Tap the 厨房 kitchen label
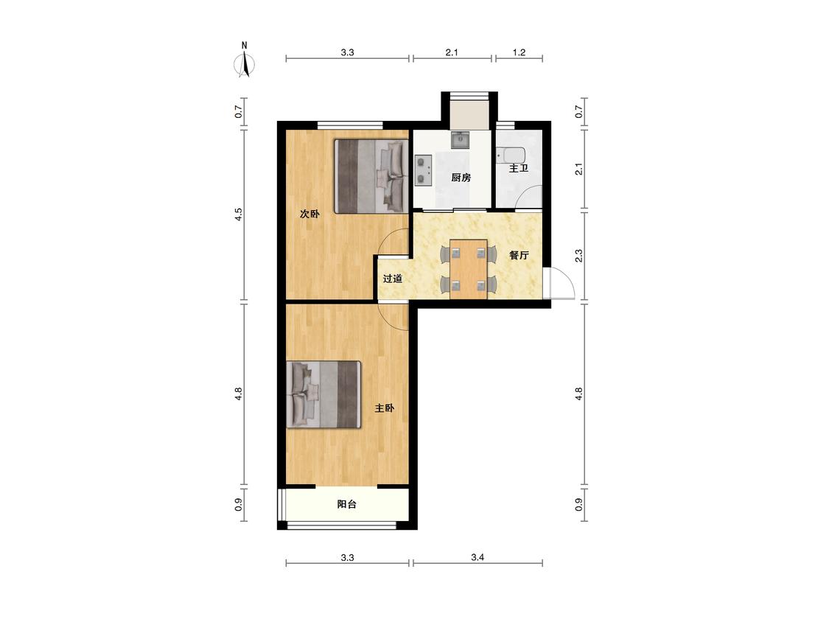pos(461,177)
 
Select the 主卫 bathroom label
pos(519,168)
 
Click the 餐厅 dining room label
pos(520,255)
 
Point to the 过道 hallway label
pos(392,279)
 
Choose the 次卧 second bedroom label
pos(309,214)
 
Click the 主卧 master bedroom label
pos(385,408)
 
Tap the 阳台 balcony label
pos(347,504)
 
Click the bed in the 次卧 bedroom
pos(371,176)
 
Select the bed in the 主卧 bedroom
pos(323,394)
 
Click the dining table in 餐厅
pos(469,269)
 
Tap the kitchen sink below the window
pos(460,139)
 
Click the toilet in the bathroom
pos(511,155)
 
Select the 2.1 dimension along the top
pos(452,52)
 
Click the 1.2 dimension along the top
pos(520,52)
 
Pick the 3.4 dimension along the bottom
pos(478,557)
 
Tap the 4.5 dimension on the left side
pos(239,214)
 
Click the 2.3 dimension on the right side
pos(579,256)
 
